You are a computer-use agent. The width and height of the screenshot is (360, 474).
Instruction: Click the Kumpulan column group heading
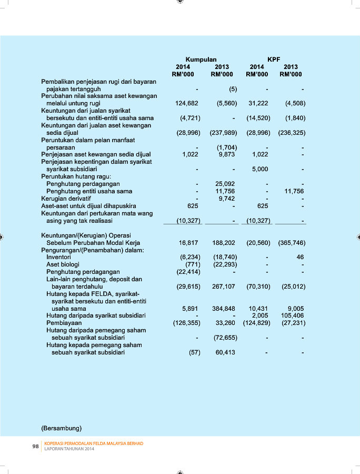coord(201,60)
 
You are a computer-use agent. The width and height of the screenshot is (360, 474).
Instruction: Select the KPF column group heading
coord(274,60)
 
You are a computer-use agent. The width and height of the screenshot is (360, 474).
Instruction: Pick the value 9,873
coord(226,154)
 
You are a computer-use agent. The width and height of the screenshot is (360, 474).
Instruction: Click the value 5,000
coord(260,170)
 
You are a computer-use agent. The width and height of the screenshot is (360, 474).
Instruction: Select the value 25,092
coord(225,184)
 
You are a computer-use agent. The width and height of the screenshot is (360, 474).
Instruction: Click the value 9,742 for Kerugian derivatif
coord(226,199)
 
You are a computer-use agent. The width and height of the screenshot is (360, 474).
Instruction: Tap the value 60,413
coord(225,352)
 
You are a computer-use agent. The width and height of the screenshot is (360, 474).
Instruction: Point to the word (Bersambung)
coord(62,427)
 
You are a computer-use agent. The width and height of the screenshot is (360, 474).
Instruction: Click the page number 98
coord(36,446)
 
